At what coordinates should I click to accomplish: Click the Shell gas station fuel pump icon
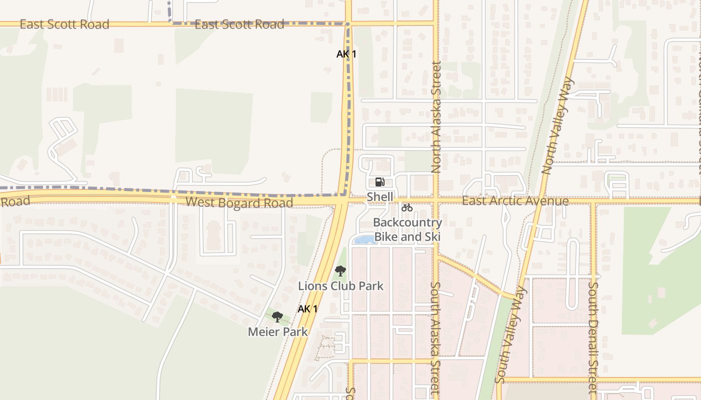380,182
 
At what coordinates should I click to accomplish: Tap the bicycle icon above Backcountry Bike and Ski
407,207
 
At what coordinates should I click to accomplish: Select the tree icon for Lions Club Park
340,271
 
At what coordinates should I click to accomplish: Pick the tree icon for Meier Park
277,316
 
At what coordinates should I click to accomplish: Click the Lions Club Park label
340,286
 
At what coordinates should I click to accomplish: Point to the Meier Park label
278,331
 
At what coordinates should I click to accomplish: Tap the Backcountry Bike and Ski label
408,229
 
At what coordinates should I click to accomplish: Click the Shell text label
380,196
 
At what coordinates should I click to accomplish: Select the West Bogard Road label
239,202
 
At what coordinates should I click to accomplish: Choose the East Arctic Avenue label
515,201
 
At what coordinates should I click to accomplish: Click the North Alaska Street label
436,117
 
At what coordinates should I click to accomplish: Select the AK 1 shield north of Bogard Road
346,54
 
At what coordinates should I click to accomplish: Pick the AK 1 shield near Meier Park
307,309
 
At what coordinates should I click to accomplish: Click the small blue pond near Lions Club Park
365,240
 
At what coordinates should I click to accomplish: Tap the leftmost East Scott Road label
64,24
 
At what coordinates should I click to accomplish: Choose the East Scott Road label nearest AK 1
239,24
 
